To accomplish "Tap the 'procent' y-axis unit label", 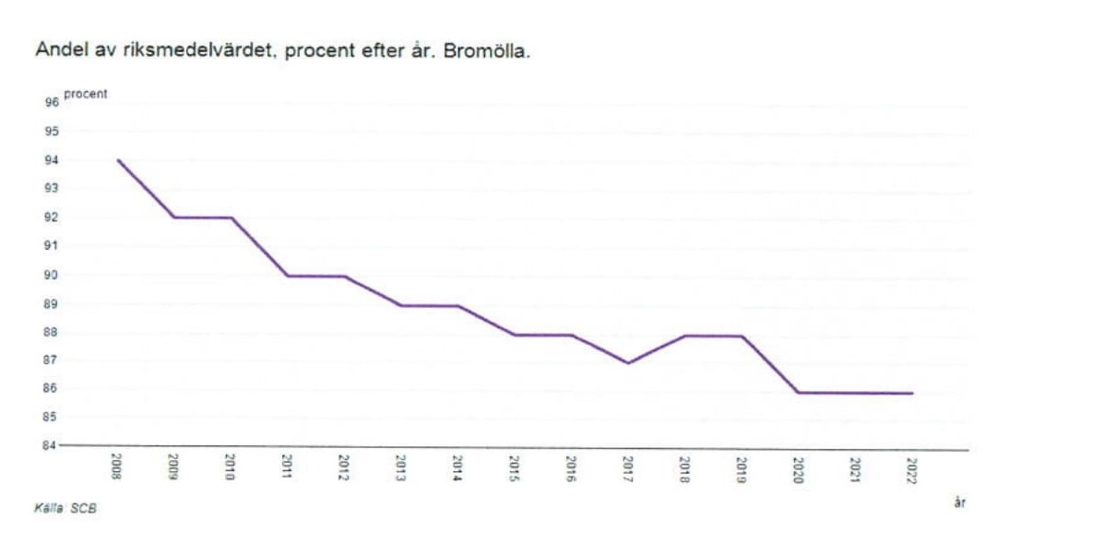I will pos(85,94).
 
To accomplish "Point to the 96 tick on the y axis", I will pos(52,103).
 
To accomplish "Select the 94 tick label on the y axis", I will pos(52,160).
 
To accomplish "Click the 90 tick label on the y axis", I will pos(52,275).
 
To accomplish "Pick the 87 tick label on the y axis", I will pos(52,360).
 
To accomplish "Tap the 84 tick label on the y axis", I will pos(52,446).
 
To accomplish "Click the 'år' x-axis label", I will pos(959,502).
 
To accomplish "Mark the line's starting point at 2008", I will pos(118,160).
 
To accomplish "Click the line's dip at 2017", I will pos(628,363).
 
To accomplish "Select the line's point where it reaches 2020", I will pos(798,393).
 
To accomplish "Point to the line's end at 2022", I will pos(912,394).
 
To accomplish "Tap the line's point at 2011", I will pos(287,276).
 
